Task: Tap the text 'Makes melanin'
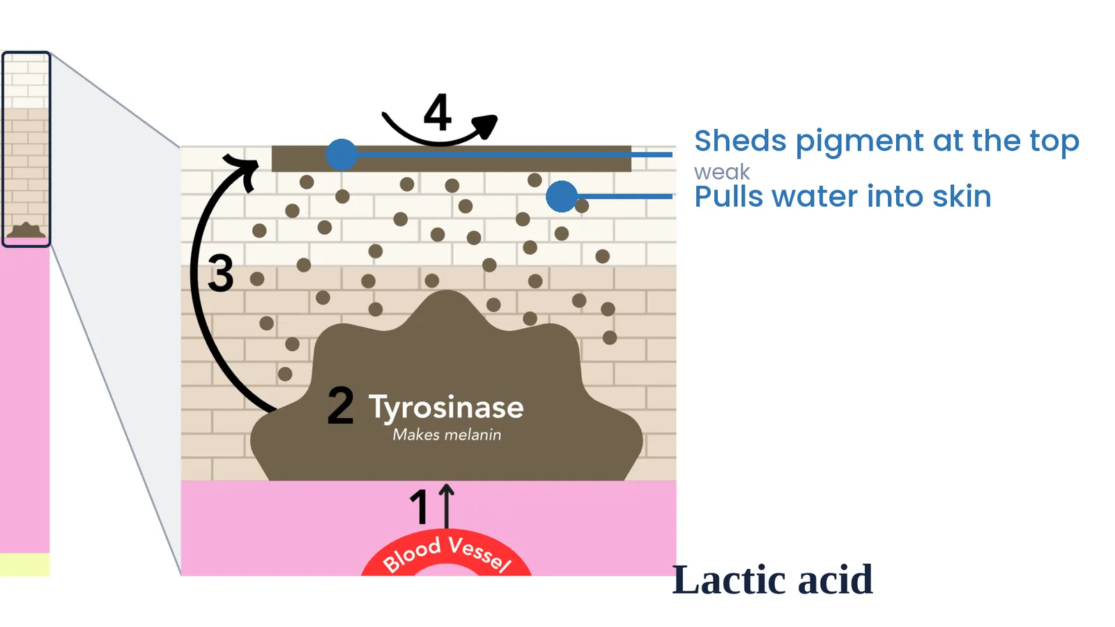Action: (447, 435)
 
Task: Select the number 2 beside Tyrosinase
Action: (341, 405)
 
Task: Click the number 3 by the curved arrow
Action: (220, 272)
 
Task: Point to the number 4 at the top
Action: (438, 111)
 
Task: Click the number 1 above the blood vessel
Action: (419, 506)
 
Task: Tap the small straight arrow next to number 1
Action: (447, 506)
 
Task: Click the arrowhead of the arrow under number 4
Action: (485, 125)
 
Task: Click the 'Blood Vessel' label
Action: (447, 554)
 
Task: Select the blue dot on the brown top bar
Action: (341, 155)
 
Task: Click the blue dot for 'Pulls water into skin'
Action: (562, 196)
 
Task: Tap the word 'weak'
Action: (722, 172)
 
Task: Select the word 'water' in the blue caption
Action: (815, 196)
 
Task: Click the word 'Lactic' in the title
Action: (731, 580)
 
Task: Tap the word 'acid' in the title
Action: (836, 580)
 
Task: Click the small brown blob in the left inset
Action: (26, 231)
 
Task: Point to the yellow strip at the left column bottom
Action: (25, 565)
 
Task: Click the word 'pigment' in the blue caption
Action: (860, 142)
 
